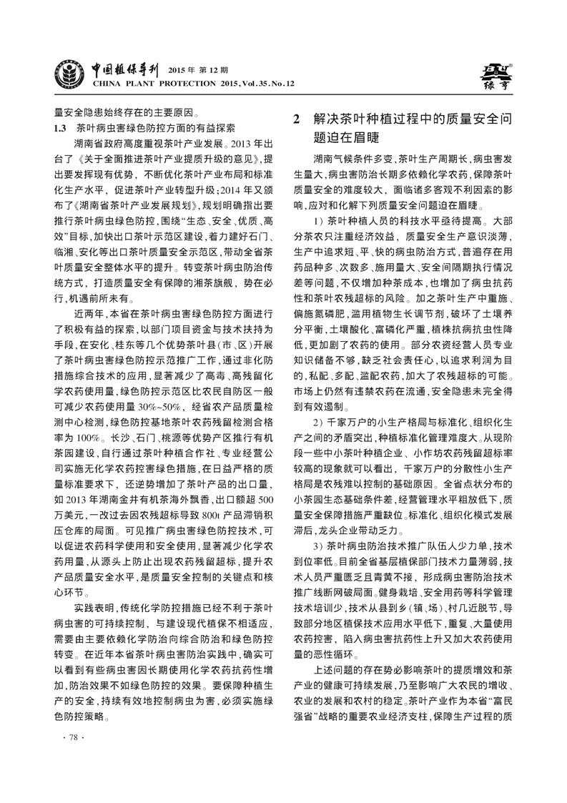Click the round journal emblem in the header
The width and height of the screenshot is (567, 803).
pyautogui.click(x=70, y=76)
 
